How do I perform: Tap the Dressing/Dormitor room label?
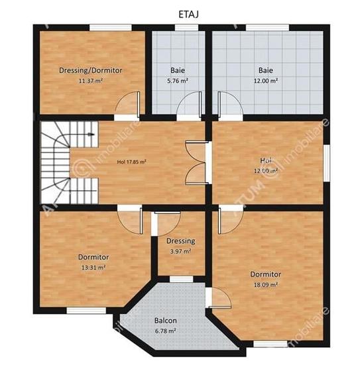pos(90,70)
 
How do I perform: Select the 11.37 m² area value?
pos(90,80)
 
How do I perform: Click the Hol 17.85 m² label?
pos(131,161)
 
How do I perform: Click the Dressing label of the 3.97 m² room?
pos(180,241)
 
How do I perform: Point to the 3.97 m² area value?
pos(180,251)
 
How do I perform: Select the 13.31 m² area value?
pos(93,267)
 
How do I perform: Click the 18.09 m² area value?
pos(265,285)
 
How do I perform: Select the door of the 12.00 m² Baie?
pos(223,105)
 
